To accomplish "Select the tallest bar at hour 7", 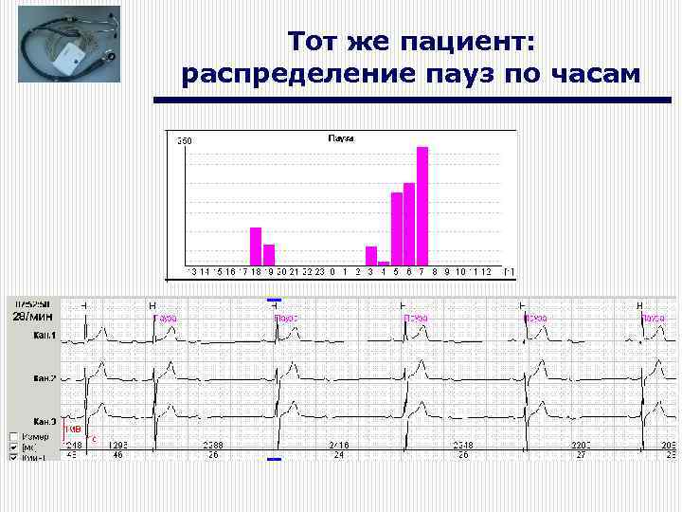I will tap(422, 206).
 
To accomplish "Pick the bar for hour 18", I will tap(255, 247).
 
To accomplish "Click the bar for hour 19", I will tap(269, 255).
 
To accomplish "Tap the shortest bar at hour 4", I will tap(384, 264).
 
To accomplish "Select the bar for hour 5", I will tap(397, 229).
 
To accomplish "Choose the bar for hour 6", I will tap(409, 224).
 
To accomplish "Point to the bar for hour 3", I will tap(371, 256).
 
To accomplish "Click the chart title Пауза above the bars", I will tap(341, 138).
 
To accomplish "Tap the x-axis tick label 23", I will tap(319, 272).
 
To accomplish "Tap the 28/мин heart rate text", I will tap(33, 316).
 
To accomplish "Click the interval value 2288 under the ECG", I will tap(213, 445).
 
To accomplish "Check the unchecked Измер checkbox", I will tap(14, 436).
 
